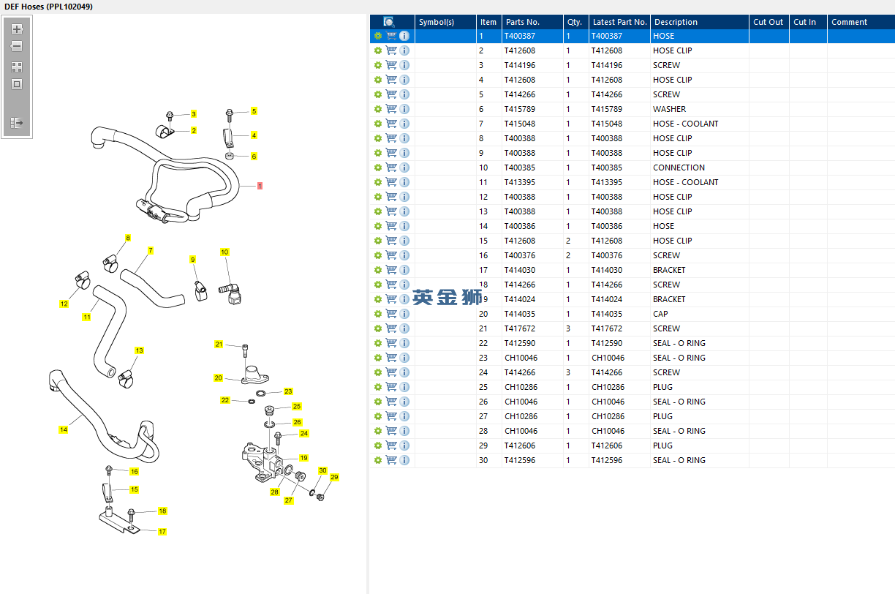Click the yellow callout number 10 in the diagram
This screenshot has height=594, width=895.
(x=224, y=252)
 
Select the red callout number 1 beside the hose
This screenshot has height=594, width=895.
(x=260, y=186)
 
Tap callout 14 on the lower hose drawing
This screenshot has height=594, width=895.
(x=64, y=430)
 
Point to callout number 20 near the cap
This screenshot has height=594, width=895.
(x=218, y=378)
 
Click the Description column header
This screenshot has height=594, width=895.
(x=676, y=22)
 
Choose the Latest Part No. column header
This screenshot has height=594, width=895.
(x=619, y=22)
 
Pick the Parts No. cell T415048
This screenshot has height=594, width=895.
(x=520, y=124)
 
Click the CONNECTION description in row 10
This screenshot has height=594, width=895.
(x=679, y=168)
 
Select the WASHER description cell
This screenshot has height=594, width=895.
(x=669, y=109)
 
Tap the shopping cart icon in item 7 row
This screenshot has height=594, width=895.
(x=391, y=124)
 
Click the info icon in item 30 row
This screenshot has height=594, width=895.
(x=404, y=460)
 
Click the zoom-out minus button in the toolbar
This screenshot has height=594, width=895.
(x=17, y=46)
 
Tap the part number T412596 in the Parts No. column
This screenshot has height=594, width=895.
(x=520, y=460)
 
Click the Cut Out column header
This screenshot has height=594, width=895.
(x=769, y=22)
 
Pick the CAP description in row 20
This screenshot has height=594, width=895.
(x=660, y=314)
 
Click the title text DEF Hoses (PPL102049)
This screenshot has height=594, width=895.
(x=48, y=7)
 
